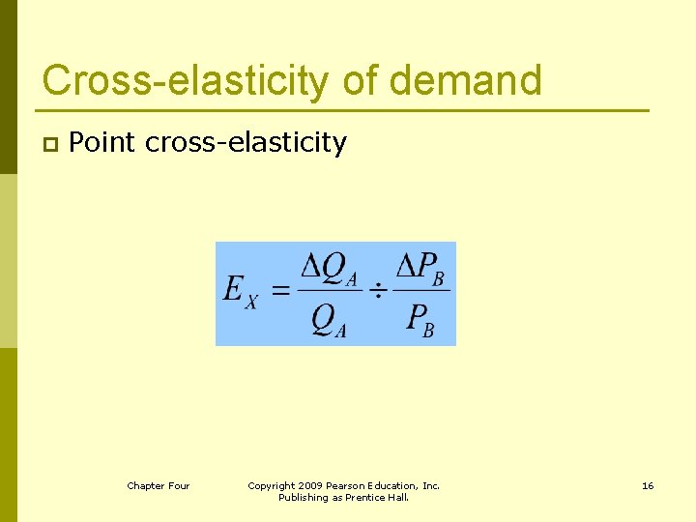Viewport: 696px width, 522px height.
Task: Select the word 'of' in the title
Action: tap(362, 80)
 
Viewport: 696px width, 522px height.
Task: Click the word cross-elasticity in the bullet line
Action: tap(246, 143)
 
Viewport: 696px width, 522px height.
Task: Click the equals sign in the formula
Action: tap(280, 290)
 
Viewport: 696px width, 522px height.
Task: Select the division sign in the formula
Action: tap(379, 290)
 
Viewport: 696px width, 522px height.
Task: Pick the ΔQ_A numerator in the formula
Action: tap(330, 270)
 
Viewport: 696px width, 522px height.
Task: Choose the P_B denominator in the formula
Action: tap(420, 319)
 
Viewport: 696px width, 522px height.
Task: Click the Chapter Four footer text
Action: tap(159, 485)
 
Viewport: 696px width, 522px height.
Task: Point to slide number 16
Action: tap(648, 485)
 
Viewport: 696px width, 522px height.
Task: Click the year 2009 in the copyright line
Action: tap(311, 485)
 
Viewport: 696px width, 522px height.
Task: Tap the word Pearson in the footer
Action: tap(346, 485)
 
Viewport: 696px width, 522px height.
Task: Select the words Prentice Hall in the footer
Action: tap(383, 498)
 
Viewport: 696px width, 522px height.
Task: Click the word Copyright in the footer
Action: tap(272, 485)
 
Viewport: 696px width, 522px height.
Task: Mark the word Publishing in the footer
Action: tap(304, 498)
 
